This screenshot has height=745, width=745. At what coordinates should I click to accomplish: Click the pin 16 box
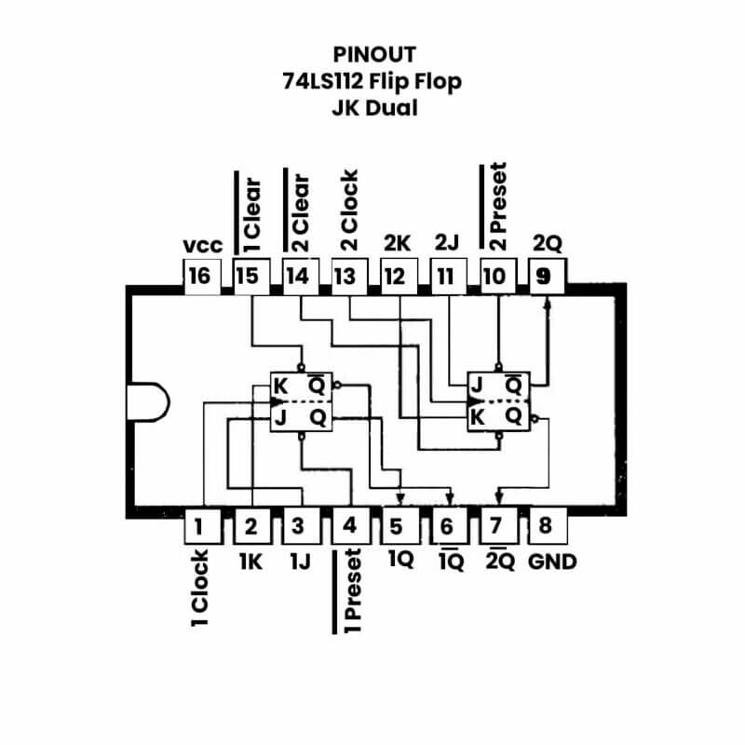(197, 276)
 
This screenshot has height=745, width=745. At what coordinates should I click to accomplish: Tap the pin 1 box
(197, 527)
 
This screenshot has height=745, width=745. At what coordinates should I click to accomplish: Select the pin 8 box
(545, 526)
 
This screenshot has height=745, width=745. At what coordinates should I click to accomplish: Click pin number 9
(545, 276)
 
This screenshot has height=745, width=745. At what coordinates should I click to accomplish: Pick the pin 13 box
(345, 276)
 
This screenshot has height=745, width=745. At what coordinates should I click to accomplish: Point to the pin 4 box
(349, 527)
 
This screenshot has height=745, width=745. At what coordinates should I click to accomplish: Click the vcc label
(203, 246)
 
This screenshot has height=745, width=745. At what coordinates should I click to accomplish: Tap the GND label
(552, 562)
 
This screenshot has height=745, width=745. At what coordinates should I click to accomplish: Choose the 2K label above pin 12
(397, 244)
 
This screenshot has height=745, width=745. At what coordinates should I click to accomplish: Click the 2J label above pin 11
(447, 244)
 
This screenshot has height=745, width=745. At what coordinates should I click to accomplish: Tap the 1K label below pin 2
(250, 562)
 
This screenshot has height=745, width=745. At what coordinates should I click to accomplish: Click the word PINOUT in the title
(372, 54)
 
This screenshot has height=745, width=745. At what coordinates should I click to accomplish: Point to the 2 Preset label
(497, 208)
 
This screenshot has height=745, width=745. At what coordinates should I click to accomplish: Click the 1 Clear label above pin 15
(251, 214)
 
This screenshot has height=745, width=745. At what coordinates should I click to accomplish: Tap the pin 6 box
(447, 527)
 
